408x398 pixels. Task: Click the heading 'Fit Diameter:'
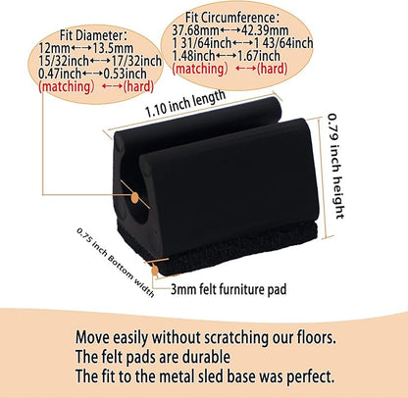[x=93, y=35]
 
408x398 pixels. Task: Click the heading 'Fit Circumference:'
[x=232, y=18]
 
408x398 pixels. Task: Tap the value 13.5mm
[x=113, y=48]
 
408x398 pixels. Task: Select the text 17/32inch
[x=136, y=61]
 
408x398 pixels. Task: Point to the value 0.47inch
[x=60, y=74]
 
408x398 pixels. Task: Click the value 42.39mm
[x=265, y=30]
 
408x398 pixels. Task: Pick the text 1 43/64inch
[x=283, y=43]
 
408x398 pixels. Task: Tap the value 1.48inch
[x=193, y=56]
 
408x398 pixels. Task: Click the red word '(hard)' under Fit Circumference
[x=273, y=69]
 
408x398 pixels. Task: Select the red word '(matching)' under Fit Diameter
[x=67, y=87]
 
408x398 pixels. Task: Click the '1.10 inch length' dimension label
[x=185, y=103]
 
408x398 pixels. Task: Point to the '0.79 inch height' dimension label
[x=336, y=166]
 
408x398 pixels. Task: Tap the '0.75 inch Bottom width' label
[x=116, y=262]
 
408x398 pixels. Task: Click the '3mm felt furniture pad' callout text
[x=229, y=289]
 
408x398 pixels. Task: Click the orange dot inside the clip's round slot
[x=134, y=197]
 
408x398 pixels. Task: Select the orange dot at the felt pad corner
[x=155, y=271]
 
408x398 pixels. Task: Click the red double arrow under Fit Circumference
[x=245, y=69]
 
